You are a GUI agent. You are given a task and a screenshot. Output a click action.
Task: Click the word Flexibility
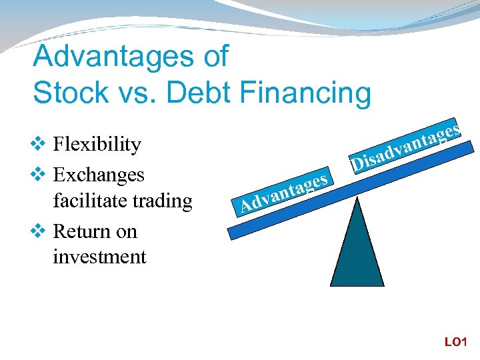[x=97, y=145]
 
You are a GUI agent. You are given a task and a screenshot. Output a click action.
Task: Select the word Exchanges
[x=98, y=175]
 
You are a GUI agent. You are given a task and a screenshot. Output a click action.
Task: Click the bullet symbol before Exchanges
[x=39, y=175]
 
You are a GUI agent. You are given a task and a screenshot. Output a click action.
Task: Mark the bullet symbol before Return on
[x=39, y=231]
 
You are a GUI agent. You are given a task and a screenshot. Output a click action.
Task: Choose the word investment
[x=99, y=257]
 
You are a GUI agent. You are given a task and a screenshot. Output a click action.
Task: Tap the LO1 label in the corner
[x=457, y=342]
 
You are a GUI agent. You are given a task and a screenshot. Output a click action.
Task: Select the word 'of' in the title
[x=215, y=57]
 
